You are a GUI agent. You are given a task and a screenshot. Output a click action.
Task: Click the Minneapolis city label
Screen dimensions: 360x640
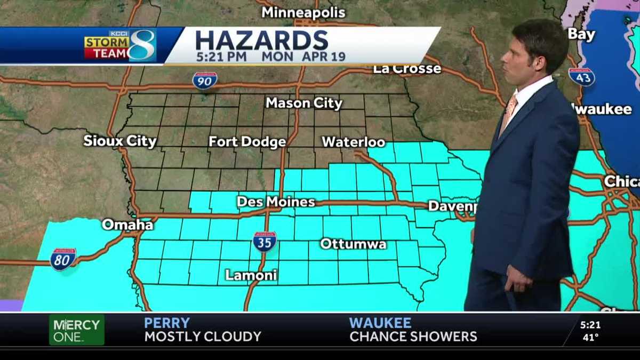point(303,12)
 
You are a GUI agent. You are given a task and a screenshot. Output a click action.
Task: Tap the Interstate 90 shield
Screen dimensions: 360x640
point(205,80)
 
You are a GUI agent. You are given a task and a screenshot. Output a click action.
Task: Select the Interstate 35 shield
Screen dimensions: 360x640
point(265,241)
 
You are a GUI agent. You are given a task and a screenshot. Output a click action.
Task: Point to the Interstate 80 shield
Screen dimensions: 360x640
point(63,259)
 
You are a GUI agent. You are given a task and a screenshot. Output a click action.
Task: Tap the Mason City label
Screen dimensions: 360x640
point(304,103)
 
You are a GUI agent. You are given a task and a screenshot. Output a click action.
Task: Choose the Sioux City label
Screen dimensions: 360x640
point(120,141)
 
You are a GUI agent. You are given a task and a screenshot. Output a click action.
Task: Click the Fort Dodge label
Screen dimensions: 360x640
point(247,142)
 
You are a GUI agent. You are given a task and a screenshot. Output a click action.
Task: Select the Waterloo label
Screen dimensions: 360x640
point(353,142)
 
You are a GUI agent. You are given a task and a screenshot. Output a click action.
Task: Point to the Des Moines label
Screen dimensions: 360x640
point(276,202)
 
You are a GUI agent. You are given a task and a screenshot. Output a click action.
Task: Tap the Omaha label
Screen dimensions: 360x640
point(127,225)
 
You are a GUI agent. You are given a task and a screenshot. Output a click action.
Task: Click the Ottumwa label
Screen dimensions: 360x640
point(353,244)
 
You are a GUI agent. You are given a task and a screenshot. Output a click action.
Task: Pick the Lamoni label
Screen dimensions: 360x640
point(251,275)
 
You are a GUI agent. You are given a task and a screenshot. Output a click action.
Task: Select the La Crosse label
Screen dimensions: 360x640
point(407,69)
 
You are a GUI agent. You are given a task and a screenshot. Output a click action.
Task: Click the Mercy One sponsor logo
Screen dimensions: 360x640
point(76,330)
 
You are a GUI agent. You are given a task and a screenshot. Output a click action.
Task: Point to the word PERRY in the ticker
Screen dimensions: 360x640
point(167,323)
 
